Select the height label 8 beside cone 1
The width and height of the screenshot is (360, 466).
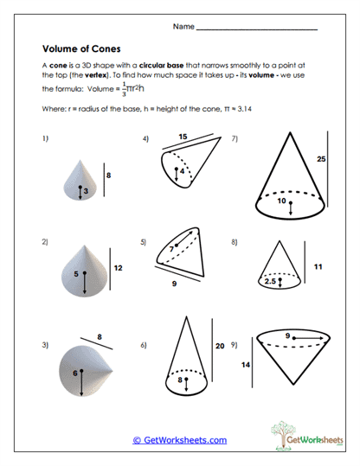(109, 176)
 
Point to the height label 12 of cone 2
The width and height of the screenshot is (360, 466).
(118, 268)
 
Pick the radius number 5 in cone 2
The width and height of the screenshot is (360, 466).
(76, 274)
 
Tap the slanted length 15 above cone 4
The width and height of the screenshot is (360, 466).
(183, 137)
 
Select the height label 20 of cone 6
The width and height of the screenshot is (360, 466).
(219, 345)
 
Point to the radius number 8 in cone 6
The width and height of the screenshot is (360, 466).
(180, 378)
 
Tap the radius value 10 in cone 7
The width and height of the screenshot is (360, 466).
(281, 201)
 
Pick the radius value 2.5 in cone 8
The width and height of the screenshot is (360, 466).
(272, 281)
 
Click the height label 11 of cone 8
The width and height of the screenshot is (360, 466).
(318, 267)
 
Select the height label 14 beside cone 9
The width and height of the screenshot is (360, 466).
(245, 366)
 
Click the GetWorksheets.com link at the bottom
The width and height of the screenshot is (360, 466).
(180, 440)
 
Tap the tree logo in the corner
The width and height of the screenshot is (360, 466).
(290, 432)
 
